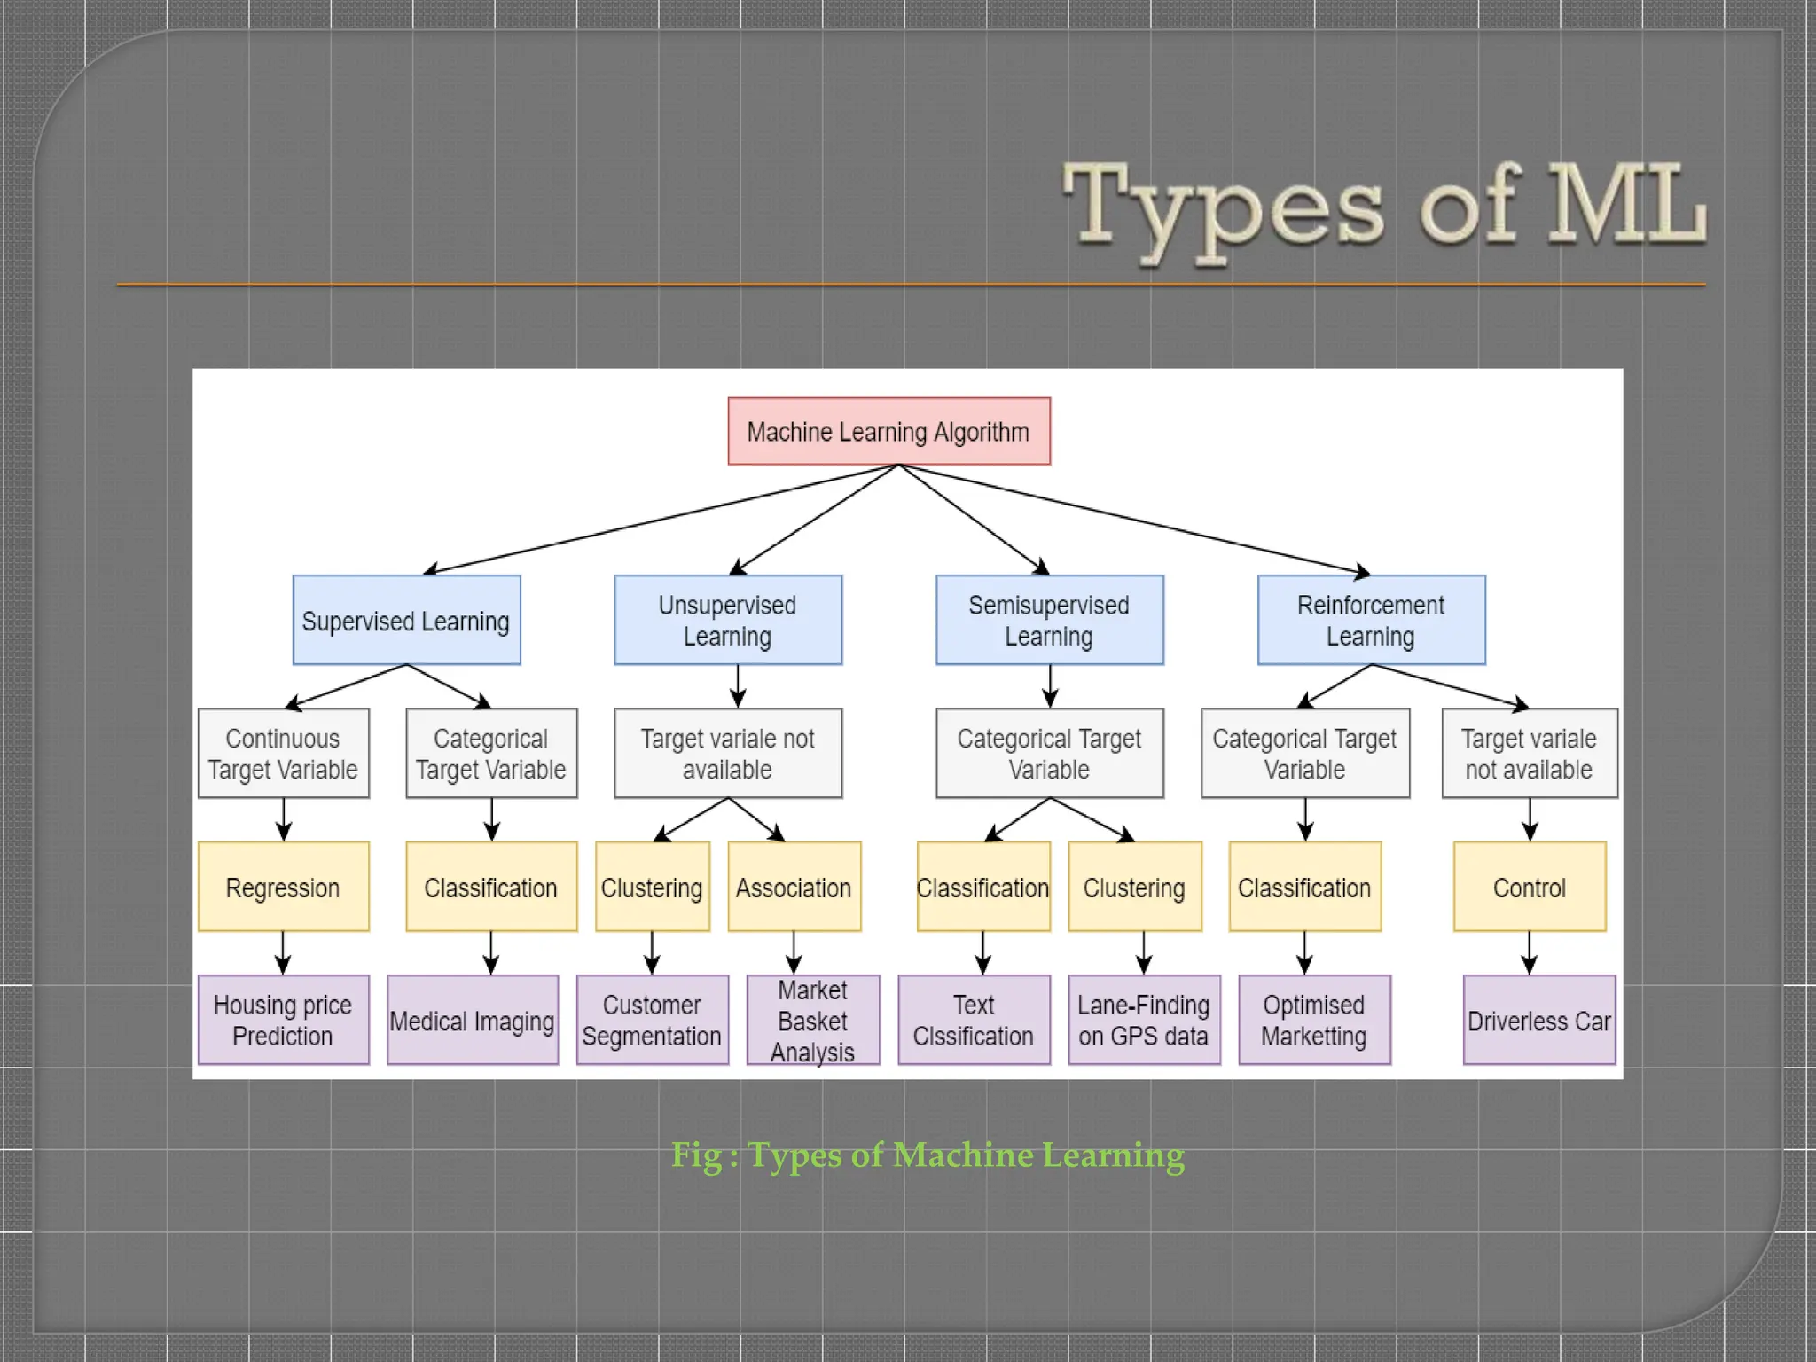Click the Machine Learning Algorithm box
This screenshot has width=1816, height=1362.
(888, 432)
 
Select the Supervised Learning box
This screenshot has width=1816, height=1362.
(406, 621)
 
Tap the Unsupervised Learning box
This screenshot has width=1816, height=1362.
(727, 621)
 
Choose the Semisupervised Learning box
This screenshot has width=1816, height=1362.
(1049, 621)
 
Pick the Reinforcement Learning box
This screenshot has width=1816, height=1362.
(1371, 621)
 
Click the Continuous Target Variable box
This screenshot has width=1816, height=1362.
(283, 754)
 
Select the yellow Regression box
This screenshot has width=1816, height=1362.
(283, 887)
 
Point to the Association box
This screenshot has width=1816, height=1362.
(794, 887)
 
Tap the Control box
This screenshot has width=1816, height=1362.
(1530, 887)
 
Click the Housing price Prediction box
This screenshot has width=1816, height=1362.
(283, 1020)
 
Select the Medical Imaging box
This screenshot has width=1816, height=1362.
(473, 1020)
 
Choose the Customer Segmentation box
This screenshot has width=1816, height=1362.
(652, 1020)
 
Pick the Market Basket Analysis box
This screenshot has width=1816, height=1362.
(812, 1020)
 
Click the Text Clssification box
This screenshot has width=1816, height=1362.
(974, 1020)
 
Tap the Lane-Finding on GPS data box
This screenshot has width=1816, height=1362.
(1144, 1020)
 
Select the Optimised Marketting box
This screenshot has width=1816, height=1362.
(1314, 1020)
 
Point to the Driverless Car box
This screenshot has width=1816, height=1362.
(1538, 1020)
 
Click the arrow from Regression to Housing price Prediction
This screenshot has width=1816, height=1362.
(283, 952)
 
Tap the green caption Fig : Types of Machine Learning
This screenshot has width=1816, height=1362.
(928, 1155)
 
